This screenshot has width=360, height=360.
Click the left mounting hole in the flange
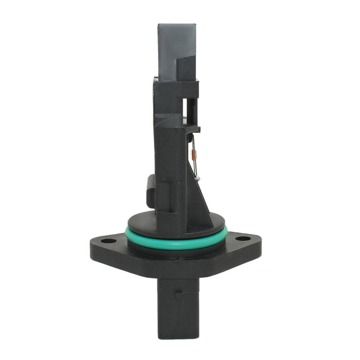[109, 241]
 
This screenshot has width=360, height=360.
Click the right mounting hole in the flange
[243, 239]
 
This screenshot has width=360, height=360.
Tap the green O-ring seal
[176, 244]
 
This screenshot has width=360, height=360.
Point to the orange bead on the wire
[193, 153]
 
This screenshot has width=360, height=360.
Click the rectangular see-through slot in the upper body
[185, 109]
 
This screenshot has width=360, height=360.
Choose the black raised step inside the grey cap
[186, 69]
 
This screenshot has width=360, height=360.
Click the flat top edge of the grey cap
[177, 25]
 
